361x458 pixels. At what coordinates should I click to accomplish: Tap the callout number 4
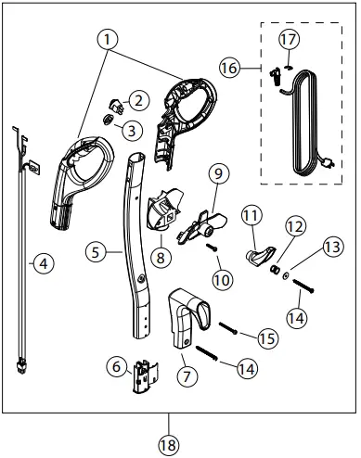tap(41, 262)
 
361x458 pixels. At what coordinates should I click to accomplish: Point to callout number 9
tap(218, 173)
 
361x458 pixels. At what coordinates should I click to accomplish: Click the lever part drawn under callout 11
tap(259, 255)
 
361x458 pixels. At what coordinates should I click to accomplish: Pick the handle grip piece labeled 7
tap(188, 314)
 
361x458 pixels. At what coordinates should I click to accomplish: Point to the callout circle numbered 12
tap(295, 226)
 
